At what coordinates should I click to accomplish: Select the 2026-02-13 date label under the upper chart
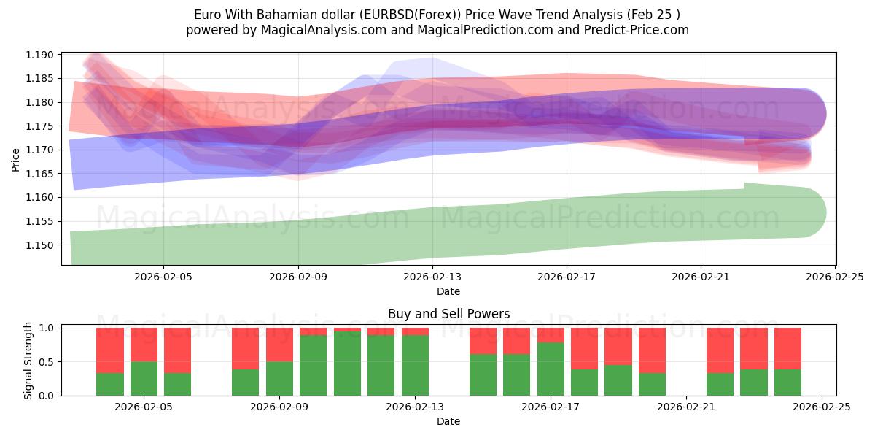click(x=433, y=277)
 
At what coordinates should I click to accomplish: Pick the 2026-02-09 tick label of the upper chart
click(x=298, y=277)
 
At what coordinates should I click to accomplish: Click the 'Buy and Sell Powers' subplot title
click(x=448, y=315)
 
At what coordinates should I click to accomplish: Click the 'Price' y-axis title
click(x=16, y=158)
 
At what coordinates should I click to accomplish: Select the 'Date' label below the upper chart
click(x=448, y=291)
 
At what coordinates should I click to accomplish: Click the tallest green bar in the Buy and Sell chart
click(x=347, y=364)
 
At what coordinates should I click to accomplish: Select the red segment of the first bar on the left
click(x=109, y=350)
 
